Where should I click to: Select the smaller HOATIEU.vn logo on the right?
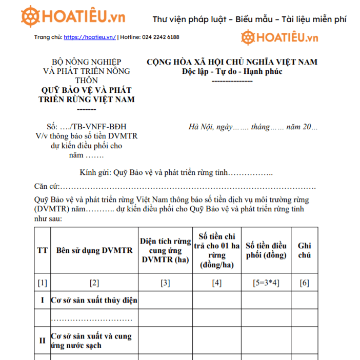[280, 37]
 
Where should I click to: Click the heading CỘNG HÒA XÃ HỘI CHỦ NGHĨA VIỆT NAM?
[232, 62]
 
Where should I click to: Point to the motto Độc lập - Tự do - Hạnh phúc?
[232, 71]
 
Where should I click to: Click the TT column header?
[42, 250]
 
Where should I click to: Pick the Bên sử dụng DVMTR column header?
[94, 250]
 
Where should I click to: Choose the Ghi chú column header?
[304, 250]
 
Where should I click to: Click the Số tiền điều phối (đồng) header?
[266, 250]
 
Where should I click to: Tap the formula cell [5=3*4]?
[266, 283]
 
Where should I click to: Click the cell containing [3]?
[165, 283]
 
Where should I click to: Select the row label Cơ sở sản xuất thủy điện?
[94, 301]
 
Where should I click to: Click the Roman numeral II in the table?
[42, 341]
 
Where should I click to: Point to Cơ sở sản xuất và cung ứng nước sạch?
[91, 341]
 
